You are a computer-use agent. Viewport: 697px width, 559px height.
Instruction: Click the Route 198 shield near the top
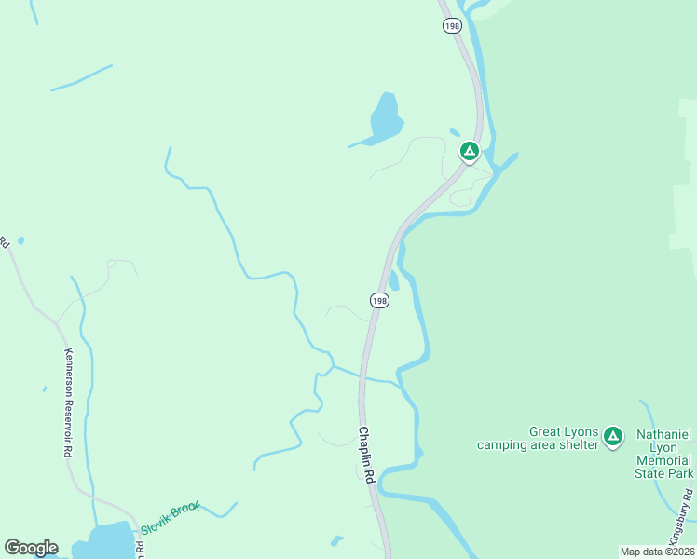(453, 26)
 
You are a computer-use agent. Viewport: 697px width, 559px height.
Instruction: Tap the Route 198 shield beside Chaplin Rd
(378, 301)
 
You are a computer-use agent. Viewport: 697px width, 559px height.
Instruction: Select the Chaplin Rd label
(365, 456)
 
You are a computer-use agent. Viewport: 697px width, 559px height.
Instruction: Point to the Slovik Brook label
(171, 518)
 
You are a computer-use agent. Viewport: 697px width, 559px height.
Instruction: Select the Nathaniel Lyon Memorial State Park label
(663, 454)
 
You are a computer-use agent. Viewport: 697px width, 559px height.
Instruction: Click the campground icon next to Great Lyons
(612, 436)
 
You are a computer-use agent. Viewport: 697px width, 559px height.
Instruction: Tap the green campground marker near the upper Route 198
(470, 151)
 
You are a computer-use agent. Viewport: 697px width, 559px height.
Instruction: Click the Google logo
(31, 548)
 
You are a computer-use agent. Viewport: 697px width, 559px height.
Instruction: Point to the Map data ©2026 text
(657, 552)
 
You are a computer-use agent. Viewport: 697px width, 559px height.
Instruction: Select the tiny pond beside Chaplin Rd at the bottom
(336, 540)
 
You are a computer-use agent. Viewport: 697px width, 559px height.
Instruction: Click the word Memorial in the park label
(663, 460)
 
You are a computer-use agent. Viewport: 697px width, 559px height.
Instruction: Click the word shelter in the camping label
(574, 444)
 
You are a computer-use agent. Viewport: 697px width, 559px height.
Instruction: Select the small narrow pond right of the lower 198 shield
(394, 280)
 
